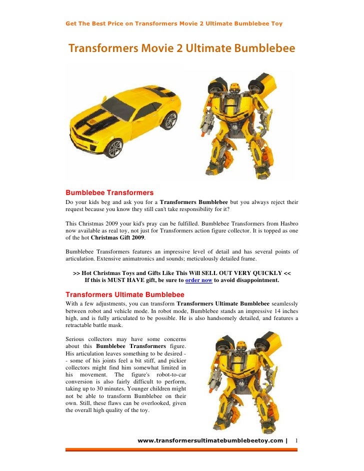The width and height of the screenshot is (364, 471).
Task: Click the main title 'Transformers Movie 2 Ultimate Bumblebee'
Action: pos(181,49)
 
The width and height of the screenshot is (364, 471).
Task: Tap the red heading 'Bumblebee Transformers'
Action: pos(109,192)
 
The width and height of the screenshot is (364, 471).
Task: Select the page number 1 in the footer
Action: pos(296,440)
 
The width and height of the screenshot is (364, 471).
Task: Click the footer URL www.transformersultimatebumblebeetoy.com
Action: pos(210,440)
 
